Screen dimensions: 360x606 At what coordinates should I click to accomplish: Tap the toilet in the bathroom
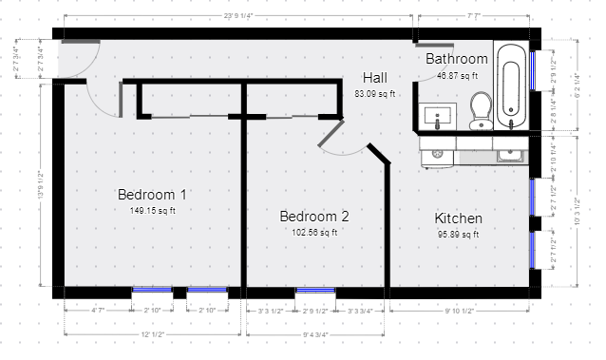pos(481,109)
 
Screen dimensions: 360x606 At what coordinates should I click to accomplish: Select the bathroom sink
pos(439,119)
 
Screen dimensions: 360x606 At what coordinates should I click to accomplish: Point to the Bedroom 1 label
pos(152,195)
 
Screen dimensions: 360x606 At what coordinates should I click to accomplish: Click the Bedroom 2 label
pos(314,216)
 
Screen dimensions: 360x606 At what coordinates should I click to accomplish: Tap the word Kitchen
pos(459,218)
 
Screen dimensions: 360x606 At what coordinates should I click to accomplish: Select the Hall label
pos(375,78)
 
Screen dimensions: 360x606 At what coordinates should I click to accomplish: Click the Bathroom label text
pos(456,59)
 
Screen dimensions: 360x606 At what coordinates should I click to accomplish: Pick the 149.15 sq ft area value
pos(153,211)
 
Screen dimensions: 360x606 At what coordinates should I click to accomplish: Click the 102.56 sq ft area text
pos(314,232)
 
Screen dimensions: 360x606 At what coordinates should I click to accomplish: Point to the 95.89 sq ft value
pos(459,234)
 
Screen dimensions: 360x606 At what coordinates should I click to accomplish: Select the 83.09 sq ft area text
pos(375,94)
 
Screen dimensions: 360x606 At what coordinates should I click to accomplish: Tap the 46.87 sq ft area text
pos(456,75)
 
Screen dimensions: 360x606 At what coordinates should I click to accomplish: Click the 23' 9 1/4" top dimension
pos(243,15)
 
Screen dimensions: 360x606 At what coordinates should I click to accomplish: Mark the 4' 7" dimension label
pos(98,311)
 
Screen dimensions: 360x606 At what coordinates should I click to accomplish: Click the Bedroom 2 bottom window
pos(314,290)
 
